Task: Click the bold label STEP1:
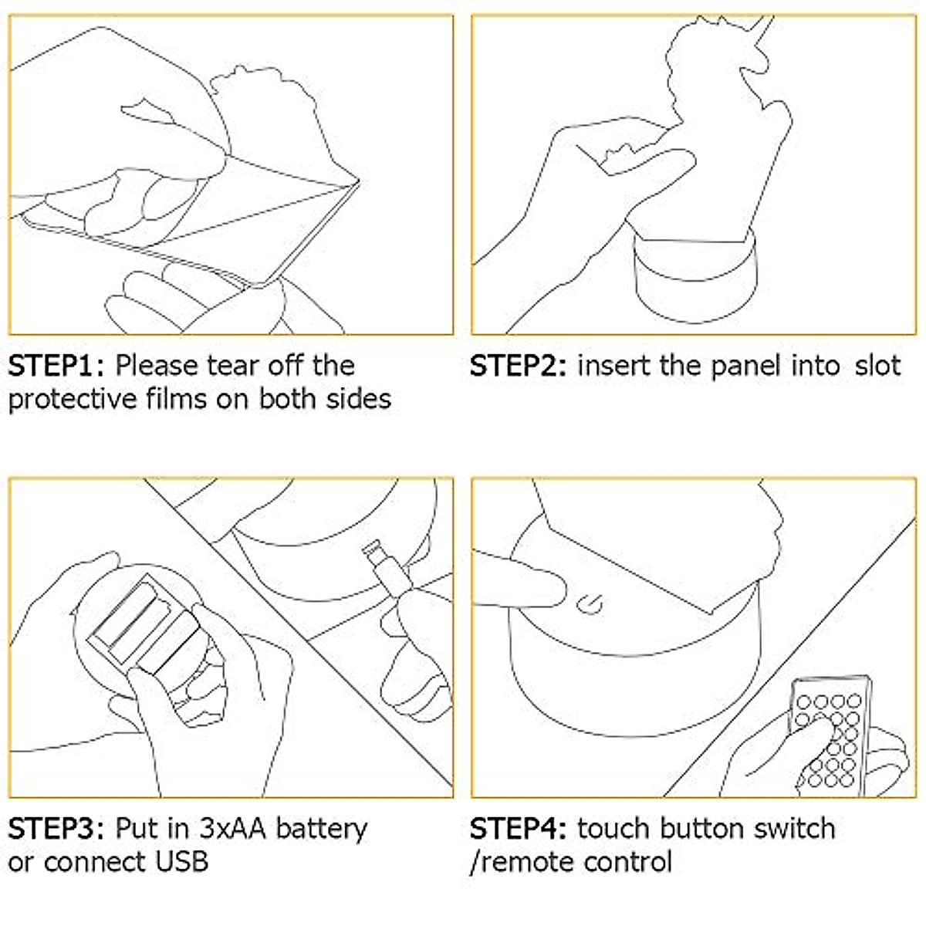pos(59,365)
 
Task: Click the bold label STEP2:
pos(520,365)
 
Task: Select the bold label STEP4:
pos(520,829)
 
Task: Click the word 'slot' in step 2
pos(877,365)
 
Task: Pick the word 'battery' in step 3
pos(322,829)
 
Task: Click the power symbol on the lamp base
pos(591,603)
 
